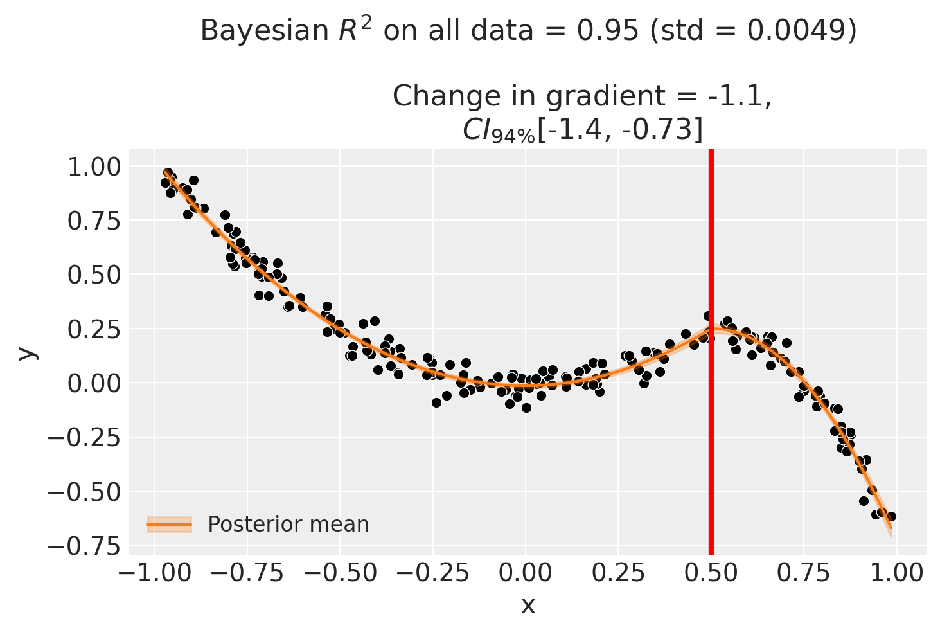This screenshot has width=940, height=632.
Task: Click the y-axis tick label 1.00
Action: [x=93, y=167]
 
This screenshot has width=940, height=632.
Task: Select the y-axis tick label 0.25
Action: [x=93, y=329]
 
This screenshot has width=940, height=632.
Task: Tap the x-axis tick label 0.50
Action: [x=711, y=573]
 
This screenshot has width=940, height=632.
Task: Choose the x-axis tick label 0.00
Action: [x=525, y=573]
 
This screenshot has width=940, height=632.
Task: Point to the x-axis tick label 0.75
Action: [x=804, y=573]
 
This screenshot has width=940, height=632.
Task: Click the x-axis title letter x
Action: [x=528, y=606]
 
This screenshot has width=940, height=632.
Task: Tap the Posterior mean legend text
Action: [x=288, y=525]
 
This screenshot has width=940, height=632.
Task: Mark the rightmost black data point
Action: [x=891, y=516]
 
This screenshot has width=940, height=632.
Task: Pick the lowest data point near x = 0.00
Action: [x=526, y=408]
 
